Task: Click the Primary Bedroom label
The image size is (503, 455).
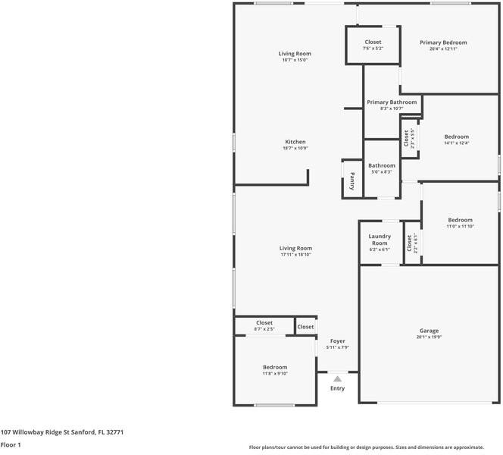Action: click(443, 42)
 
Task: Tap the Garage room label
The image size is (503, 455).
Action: click(429, 331)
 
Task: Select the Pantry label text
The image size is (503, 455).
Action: click(352, 180)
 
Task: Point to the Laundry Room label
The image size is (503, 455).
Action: click(380, 240)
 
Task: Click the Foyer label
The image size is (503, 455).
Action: click(337, 341)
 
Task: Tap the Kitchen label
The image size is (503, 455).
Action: click(295, 142)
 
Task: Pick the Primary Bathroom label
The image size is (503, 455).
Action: click(392, 102)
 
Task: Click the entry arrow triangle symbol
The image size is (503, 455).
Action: click(337, 378)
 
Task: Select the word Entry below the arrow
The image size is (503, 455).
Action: click(337, 388)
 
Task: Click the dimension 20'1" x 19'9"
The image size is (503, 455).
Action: click(429, 337)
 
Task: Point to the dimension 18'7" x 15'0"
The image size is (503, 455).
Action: click(295, 61)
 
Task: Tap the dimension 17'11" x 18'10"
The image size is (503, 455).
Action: click(295, 255)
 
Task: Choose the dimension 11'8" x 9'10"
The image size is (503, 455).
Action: click(274, 373)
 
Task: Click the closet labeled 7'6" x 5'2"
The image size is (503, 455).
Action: click(373, 45)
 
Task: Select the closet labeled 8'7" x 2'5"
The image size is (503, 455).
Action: click(264, 326)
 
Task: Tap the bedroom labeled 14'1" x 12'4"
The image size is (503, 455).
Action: click(456, 140)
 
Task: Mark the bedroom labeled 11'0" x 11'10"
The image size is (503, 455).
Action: click(459, 223)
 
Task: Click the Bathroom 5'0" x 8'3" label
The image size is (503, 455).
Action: click(381, 168)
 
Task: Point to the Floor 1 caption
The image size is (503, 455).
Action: click(11, 445)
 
